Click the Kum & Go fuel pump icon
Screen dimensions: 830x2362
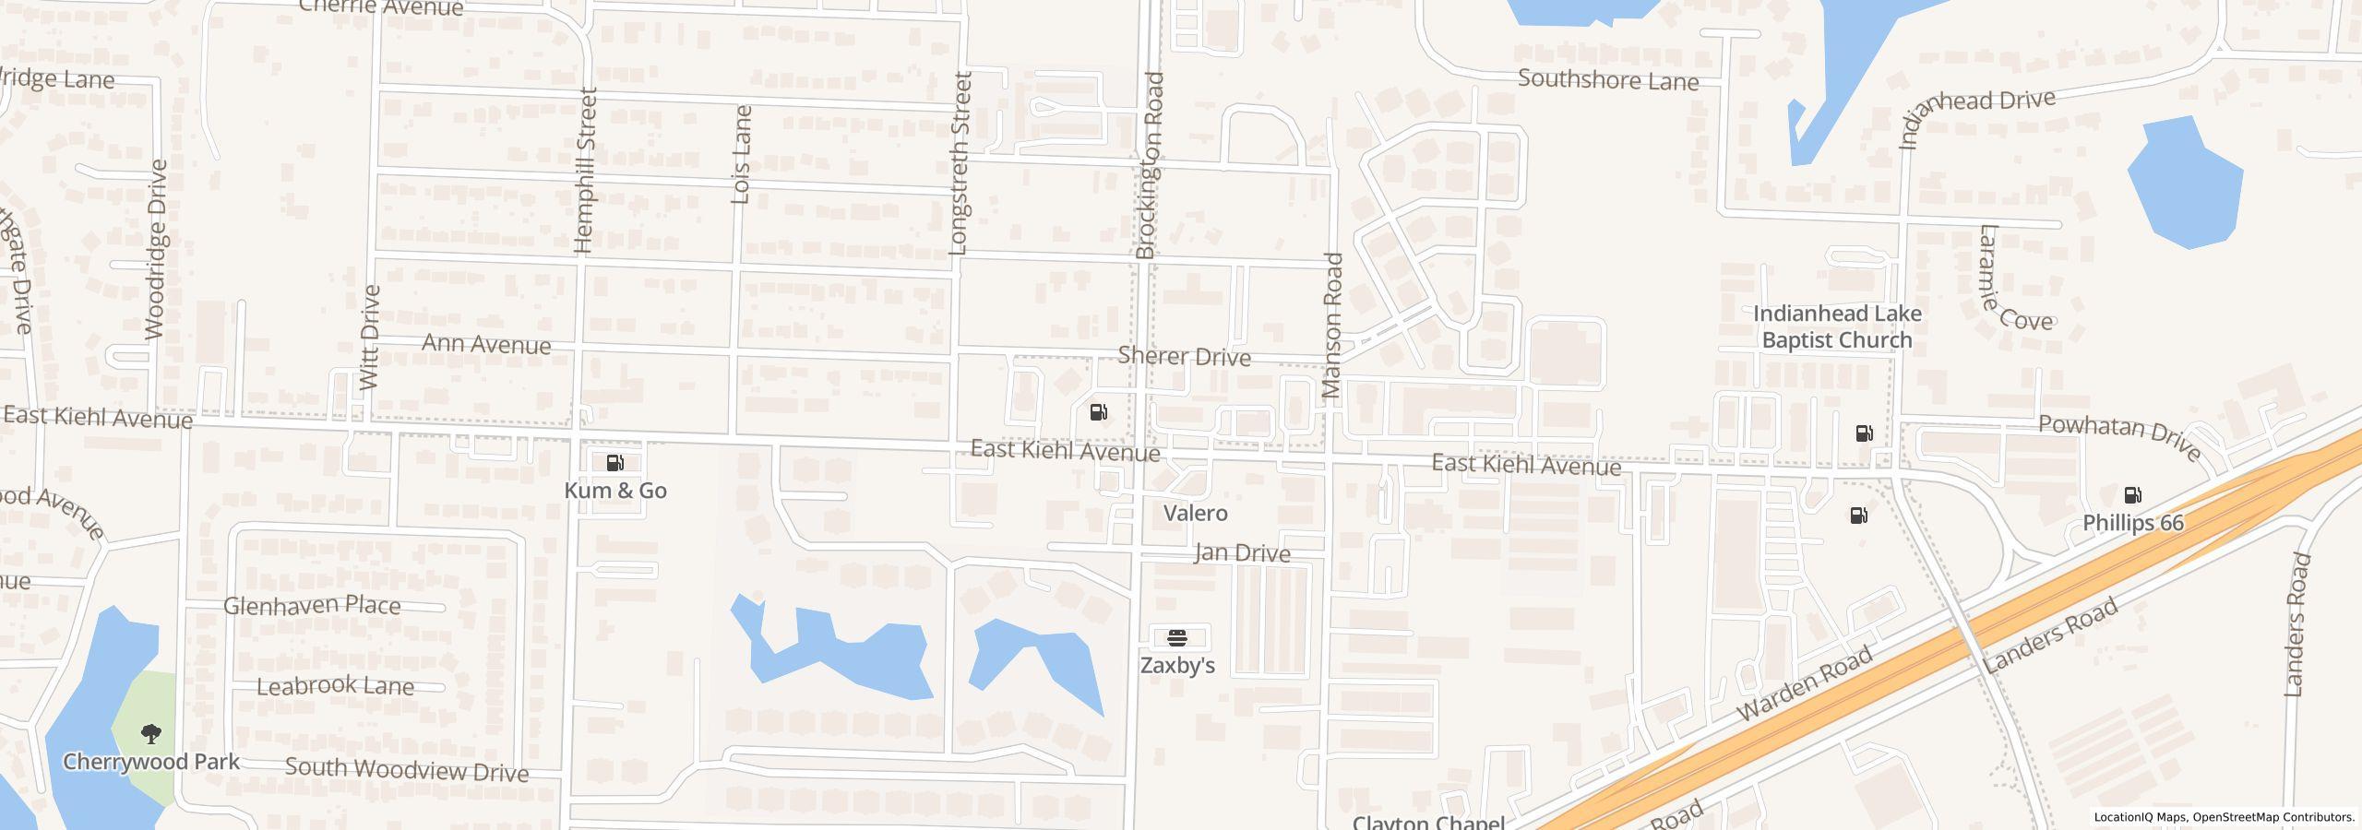pyautogui.click(x=615, y=463)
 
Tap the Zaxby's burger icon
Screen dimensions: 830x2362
pyautogui.click(x=1177, y=637)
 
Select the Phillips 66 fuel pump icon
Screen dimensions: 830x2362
pyautogui.click(x=2132, y=495)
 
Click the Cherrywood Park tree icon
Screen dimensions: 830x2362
pyautogui.click(x=151, y=734)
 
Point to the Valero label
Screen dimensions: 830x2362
pyautogui.click(x=1195, y=513)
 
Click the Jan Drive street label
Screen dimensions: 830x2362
pyautogui.click(x=1241, y=553)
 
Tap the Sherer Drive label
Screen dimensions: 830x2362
pyautogui.click(x=1184, y=356)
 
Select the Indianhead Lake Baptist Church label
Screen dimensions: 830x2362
pyautogui.click(x=1836, y=327)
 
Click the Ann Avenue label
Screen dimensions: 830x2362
pyautogui.click(x=486, y=344)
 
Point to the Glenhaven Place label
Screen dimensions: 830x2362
pyautogui.click(x=312, y=606)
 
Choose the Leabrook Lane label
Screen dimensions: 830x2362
pyautogui.click(x=335, y=686)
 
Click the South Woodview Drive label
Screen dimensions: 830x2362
pyautogui.click(x=406, y=769)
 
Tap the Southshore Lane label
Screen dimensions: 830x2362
pyautogui.click(x=1607, y=80)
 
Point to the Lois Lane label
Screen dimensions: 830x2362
pyautogui.click(x=741, y=154)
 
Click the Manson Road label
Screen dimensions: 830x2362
pyautogui.click(x=1331, y=326)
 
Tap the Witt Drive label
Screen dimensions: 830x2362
pyautogui.click(x=370, y=338)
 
